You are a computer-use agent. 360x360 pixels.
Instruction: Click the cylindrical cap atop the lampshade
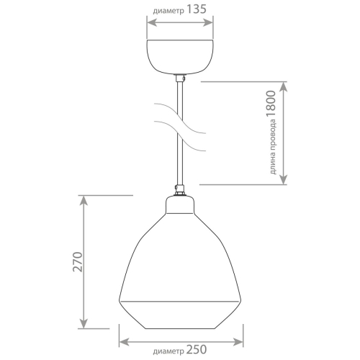[x=180, y=206]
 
